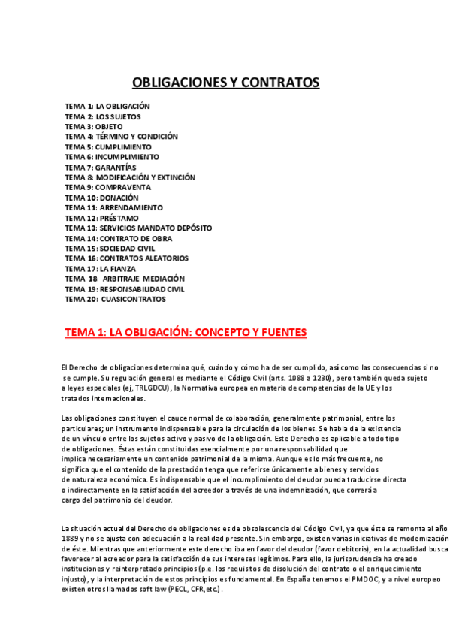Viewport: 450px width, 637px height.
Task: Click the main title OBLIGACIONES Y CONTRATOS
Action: (226, 82)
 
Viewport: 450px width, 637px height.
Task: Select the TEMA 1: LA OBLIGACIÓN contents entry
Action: (107, 107)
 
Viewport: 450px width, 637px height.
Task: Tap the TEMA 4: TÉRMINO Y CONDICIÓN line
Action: (121, 137)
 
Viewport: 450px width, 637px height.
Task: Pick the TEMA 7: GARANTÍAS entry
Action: (106, 167)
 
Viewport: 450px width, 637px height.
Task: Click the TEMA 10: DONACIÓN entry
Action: (101, 198)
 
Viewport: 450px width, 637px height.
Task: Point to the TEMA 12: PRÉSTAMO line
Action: (101, 218)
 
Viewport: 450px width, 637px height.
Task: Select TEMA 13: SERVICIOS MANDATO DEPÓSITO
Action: (138, 228)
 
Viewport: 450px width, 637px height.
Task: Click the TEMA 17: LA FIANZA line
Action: (101, 268)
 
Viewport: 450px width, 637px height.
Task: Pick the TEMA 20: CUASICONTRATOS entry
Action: (115, 299)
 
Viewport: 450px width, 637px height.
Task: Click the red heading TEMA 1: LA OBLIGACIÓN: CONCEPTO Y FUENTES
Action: (186, 331)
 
